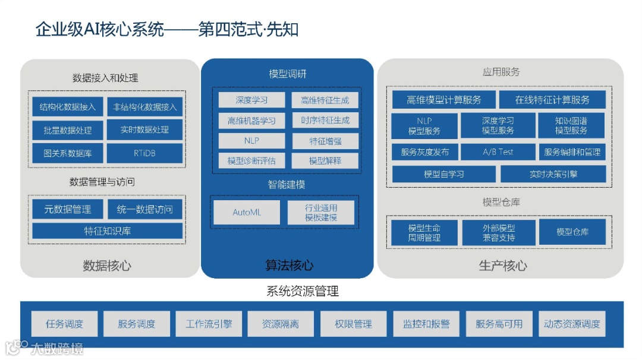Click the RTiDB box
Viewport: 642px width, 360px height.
(x=144, y=153)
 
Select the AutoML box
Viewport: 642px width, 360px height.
(x=247, y=212)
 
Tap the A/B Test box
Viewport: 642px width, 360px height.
(x=498, y=151)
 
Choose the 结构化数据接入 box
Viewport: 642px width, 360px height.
(x=67, y=107)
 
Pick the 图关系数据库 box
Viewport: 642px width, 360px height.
(x=67, y=153)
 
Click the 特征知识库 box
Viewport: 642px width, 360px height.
(x=107, y=231)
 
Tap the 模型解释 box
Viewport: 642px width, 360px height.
(x=325, y=160)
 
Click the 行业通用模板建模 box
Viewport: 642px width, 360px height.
(x=321, y=213)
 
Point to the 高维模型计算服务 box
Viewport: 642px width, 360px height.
(x=443, y=100)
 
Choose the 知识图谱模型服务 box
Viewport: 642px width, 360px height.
(x=571, y=125)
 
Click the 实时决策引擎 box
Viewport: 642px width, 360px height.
(x=553, y=174)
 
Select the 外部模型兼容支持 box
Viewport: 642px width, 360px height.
(x=499, y=232)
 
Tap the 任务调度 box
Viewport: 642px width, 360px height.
(x=64, y=324)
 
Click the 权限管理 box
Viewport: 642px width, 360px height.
(x=354, y=324)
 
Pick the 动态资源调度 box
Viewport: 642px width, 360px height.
(x=572, y=324)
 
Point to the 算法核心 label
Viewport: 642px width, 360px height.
(x=289, y=266)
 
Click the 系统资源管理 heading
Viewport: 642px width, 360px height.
(x=303, y=292)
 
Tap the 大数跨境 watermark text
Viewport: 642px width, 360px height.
(x=56, y=348)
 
